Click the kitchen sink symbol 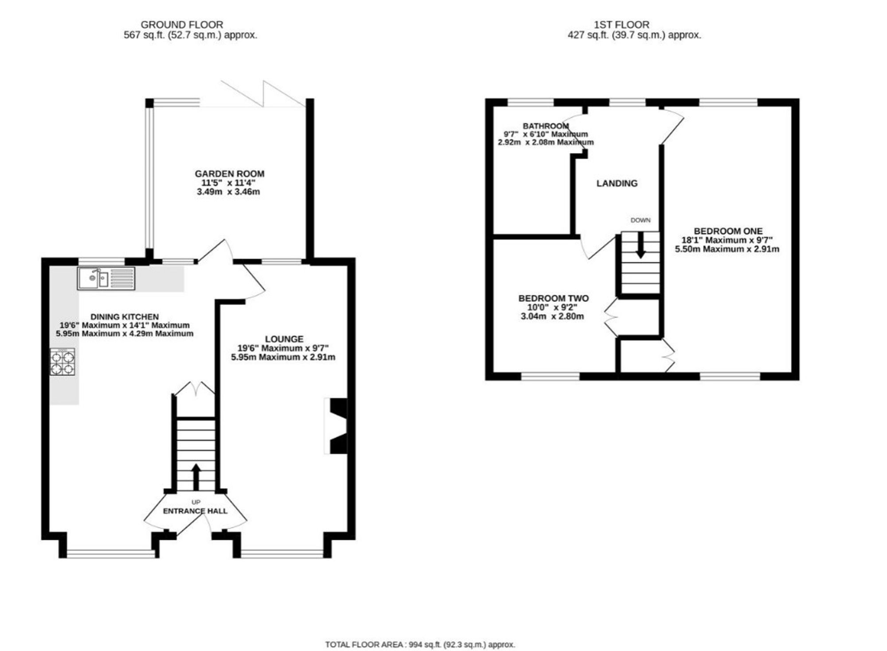[x=106, y=279]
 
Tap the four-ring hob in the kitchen [x=62, y=362]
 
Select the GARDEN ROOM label [x=230, y=174]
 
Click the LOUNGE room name [x=284, y=339]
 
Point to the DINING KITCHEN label [x=125, y=317]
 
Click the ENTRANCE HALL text [x=195, y=511]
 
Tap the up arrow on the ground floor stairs [x=196, y=477]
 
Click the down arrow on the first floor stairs [x=640, y=245]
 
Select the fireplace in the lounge [x=336, y=426]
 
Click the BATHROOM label [x=546, y=126]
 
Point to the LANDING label [x=617, y=183]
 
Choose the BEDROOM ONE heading [x=728, y=231]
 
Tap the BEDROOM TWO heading [x=553, y=298]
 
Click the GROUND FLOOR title [x=182, y=25]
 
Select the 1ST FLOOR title [x=622, y=25]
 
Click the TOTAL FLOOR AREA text [x=420, y=644]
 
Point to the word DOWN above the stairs [x=640, y=220]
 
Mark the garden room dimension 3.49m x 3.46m [x=228, y=192]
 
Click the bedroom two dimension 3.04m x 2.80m [x=552, y=316]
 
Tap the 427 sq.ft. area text [x=635, y=35]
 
